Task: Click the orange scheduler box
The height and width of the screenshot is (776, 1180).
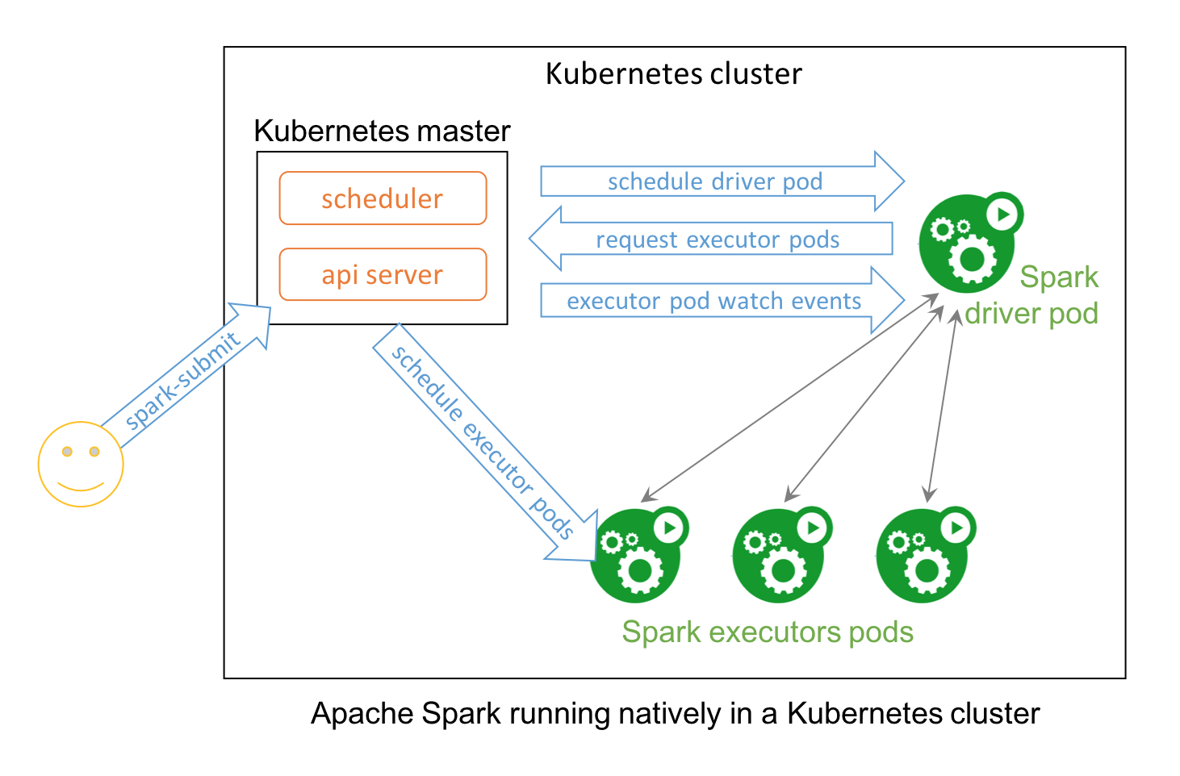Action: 383,198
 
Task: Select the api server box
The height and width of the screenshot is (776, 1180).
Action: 383,274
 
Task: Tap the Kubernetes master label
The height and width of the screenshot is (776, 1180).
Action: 382,131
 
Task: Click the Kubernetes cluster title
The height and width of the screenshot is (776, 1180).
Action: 674,73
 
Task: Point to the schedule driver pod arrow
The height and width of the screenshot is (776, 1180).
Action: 715,181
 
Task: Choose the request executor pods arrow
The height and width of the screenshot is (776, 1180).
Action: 718,239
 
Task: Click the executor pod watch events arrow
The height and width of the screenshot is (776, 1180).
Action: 714,301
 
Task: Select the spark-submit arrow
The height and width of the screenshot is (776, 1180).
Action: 184,379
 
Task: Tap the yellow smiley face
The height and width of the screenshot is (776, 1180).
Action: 81,464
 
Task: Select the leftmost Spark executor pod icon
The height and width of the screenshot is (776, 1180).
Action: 636,557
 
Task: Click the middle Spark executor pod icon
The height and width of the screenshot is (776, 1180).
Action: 780,557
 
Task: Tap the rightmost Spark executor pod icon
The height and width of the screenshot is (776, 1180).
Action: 923,557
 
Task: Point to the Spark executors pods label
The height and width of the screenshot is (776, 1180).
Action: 768,632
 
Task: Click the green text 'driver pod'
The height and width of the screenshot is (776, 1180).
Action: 1031,313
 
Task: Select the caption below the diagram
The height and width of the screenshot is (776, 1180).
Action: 675,714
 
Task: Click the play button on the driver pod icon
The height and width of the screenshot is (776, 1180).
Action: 1003,215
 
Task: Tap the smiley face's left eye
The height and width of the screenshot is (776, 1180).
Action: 67,451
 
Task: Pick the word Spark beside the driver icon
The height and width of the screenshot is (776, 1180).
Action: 1059,277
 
